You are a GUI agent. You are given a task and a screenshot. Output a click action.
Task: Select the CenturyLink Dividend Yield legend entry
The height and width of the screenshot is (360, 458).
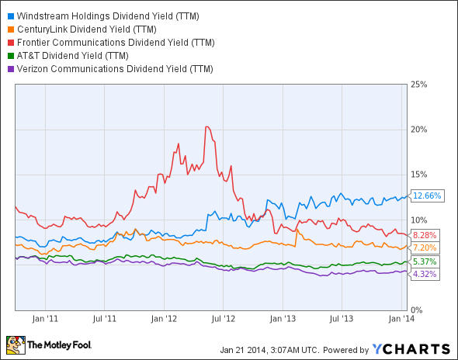(82, 29)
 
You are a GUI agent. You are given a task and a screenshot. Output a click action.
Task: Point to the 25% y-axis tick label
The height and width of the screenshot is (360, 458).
(419, 84)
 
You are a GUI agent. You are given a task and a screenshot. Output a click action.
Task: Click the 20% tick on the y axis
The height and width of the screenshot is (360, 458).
(419, 129)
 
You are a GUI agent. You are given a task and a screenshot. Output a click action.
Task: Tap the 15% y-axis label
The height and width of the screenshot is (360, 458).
(419, 174)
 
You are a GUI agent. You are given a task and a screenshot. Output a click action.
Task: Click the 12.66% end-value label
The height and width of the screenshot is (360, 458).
(426, 196)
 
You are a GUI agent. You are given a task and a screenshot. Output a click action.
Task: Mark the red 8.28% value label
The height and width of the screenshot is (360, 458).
(424, 235)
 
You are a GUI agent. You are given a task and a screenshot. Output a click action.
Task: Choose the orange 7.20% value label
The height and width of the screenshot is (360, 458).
(424, 247)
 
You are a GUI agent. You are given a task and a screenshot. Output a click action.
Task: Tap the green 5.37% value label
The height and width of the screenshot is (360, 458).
(424, 262)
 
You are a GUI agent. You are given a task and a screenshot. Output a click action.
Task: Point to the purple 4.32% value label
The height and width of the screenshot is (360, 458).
(424, 275)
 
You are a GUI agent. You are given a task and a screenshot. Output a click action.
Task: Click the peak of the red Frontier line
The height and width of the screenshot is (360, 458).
(206, 126)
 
